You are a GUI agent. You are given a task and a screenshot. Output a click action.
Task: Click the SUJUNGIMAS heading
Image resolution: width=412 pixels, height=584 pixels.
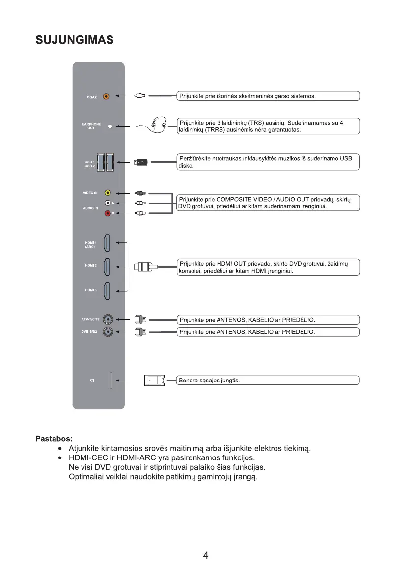75,40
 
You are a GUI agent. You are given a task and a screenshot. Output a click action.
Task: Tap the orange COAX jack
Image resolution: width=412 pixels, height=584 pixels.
107,97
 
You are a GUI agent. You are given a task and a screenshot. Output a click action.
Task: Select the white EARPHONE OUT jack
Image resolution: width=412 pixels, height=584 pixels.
110,126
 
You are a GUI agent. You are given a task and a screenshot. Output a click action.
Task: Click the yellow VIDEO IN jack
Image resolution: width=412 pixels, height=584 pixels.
108,193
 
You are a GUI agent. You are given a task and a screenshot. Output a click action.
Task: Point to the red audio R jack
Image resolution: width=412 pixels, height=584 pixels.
108,213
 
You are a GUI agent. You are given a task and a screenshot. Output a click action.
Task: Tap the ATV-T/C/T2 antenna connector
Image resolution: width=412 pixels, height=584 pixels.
107,320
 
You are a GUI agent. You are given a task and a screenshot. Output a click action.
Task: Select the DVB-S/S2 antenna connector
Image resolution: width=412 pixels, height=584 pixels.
107,332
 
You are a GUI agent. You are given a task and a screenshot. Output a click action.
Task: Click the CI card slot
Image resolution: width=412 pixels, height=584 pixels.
111,381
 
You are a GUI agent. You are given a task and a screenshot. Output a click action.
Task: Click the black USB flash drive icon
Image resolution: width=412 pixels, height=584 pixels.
141,162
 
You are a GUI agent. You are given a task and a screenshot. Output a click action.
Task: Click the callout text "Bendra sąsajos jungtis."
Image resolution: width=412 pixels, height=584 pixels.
210,381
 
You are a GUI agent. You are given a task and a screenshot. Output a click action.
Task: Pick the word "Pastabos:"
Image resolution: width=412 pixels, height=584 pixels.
54,438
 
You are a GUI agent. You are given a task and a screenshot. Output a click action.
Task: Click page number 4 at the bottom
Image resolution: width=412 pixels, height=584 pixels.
206,555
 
